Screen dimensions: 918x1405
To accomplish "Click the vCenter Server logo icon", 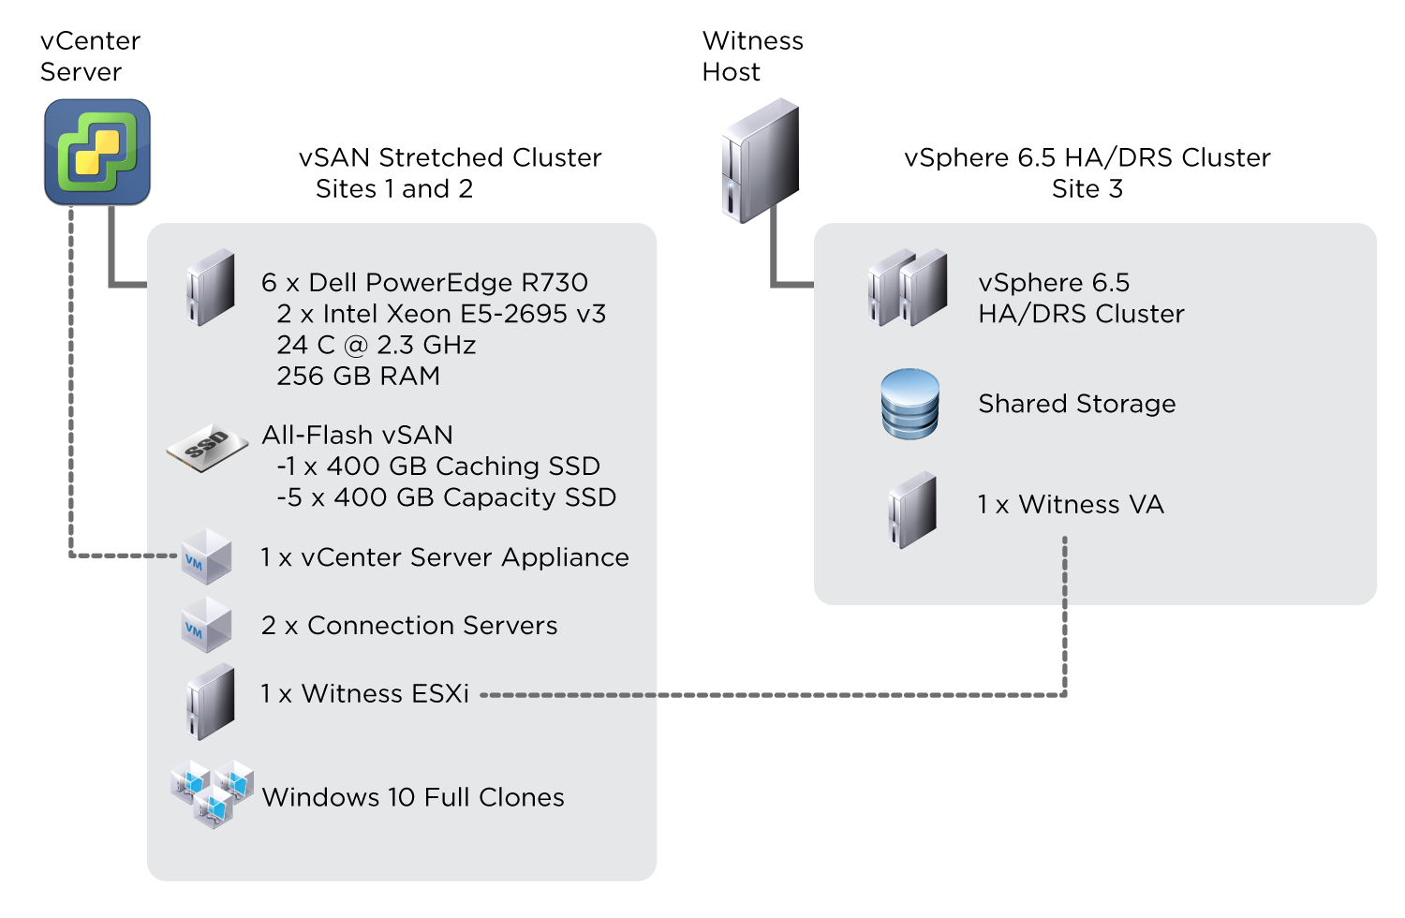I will click(97, 152).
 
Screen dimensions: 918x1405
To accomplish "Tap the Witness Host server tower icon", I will click(760, 161).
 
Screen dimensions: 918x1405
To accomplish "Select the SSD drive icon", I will click(208, 447).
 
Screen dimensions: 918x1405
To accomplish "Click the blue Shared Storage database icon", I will click(910, 404).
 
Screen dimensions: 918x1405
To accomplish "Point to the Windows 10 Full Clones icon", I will click(213, 793).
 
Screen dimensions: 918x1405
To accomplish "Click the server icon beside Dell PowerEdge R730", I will click(210, 287).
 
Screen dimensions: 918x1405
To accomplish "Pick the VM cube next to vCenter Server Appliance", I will click(206, 557).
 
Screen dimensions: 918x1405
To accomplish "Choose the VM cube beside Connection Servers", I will click(206, 626).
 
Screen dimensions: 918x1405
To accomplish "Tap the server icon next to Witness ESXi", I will click(210, 701).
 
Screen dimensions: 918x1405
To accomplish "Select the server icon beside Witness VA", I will click(911, 510).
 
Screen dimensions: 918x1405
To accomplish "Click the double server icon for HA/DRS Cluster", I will click(907, 288).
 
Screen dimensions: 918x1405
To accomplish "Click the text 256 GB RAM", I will click(358, 376).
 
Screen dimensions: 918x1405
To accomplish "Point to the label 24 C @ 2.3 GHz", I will click(376, 345).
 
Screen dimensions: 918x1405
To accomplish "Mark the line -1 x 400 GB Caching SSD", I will click(438, 466).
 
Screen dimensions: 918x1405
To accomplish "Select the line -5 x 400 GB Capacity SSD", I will click(446, 496).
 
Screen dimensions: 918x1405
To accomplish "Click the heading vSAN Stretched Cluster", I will click(450, 157).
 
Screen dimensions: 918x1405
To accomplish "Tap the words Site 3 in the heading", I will click(1087, 188).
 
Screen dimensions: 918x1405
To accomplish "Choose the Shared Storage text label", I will click(1076, 404).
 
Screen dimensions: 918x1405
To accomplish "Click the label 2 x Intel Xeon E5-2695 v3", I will click(441, 313).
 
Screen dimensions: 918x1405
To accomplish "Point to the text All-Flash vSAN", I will click(357, 435).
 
